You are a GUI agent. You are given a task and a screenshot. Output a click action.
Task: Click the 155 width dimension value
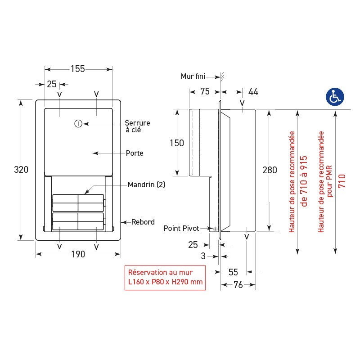(x=78, y=69)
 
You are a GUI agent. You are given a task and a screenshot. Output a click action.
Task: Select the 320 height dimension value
(x=21, y=170)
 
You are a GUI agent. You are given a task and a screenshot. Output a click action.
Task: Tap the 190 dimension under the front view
(x=78, y=254)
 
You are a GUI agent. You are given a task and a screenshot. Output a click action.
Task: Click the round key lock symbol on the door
(x=78, y=123)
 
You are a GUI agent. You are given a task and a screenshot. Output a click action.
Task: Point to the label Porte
(x=135, y=153)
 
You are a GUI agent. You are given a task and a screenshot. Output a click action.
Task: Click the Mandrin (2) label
(x=146, y=184)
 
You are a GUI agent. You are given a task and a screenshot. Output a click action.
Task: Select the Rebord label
(x=143, y=222)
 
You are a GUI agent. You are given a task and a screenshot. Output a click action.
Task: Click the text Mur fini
(x=193, y=76)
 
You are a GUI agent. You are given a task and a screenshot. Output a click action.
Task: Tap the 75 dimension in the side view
(x=205, y=92)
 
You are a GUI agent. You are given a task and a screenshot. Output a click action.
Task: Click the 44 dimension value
(x=253, y=92)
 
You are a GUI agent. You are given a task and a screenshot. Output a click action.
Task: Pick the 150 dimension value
(x=176, y=143)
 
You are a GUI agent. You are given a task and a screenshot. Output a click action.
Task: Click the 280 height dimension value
(x=270, y=170)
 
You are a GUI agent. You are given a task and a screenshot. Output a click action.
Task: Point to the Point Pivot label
(x=181, y=229)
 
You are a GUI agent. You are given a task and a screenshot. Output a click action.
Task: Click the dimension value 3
(x=203, y=256)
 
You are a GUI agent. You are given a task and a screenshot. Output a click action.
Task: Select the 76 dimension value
(x=238, y=284)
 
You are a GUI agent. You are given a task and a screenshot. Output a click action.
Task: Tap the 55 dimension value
(x=233, y=272)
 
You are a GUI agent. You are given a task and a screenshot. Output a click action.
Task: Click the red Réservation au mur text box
(x=165, y=277)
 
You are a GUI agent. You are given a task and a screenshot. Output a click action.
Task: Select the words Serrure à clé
(x=137, y=126)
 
